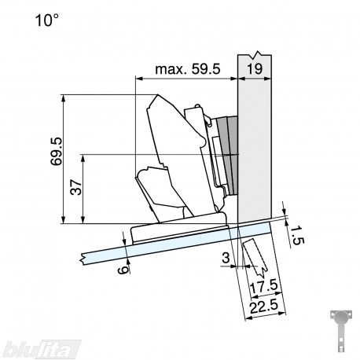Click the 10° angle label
[46, 20]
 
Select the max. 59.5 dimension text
[188, 69]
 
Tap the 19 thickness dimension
[255, 69]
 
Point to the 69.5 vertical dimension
[57, 151]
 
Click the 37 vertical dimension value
[76, 187]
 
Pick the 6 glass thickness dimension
[123, 270]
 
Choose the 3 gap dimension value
[226, 258]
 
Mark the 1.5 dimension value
[297, 236]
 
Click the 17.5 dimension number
[263, 287]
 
